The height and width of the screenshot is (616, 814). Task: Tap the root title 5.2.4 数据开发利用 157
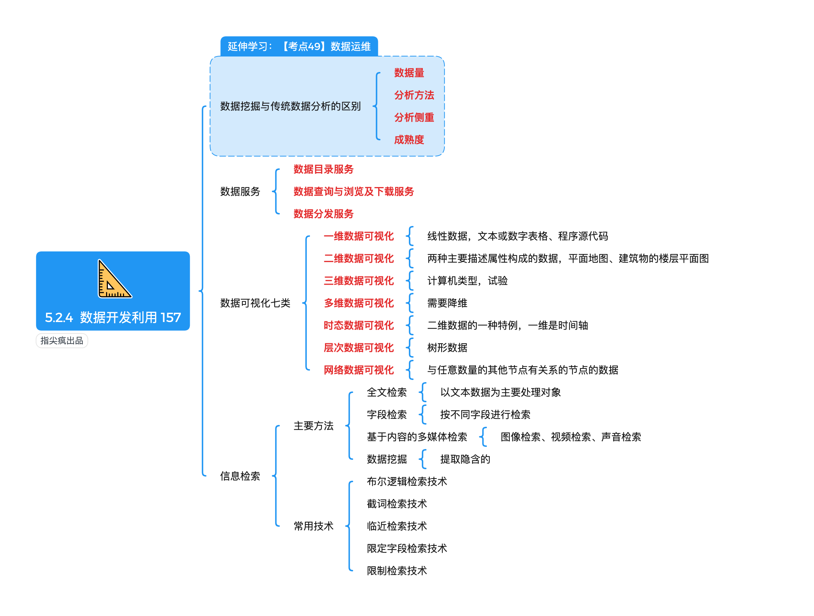113,317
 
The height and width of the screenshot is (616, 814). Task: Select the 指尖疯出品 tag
62,341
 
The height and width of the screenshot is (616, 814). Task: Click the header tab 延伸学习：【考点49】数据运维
299,46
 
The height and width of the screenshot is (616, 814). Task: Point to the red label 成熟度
409,140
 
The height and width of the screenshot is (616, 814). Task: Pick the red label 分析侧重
414,117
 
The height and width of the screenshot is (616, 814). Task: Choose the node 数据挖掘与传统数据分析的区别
291,107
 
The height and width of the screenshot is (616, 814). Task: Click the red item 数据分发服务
324,214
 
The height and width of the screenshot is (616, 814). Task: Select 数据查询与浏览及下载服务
354,191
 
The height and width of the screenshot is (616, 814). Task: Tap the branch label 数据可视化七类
255,303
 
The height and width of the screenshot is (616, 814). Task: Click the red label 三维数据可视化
359,281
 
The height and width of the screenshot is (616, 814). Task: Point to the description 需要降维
447,303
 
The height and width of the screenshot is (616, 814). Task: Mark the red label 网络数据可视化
359,370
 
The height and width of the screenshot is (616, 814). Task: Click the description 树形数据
447,348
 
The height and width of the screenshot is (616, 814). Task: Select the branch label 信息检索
240,476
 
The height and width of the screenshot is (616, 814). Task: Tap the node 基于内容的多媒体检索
417,437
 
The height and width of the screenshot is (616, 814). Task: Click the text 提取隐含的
465,459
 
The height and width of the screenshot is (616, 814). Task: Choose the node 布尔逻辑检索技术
407,481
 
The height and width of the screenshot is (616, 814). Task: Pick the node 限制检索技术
397,571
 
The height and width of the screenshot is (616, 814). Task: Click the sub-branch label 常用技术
314,526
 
